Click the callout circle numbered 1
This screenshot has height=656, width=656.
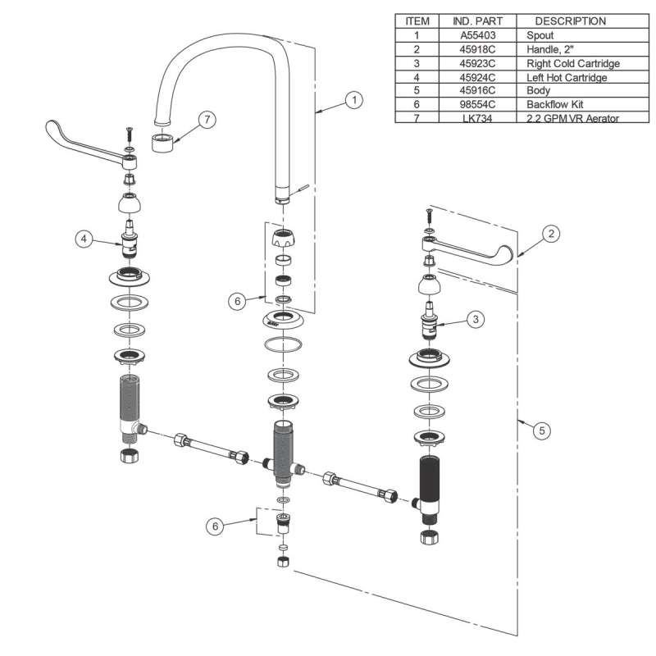pos(354,100)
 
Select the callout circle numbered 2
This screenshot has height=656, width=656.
pos(553,234)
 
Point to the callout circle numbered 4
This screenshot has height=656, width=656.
pos(84,239)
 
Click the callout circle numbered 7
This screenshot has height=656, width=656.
pos(207,120)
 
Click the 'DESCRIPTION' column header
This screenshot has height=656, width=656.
pos(571,21)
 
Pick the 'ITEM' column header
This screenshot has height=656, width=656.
pos(417,21)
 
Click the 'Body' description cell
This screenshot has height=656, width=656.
pos(539,91)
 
